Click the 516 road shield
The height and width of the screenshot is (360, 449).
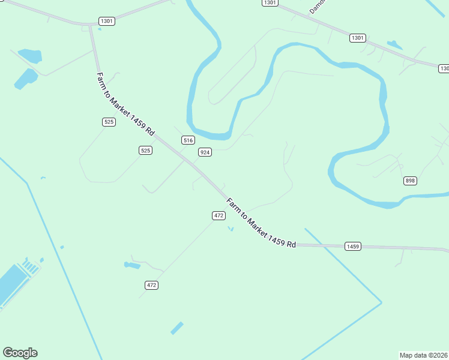[188, 140]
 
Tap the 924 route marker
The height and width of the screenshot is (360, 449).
[205, 152]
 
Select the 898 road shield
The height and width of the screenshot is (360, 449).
[410, 181]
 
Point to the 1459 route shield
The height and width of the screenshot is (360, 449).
[352, 246]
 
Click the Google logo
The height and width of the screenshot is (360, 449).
[20, 353]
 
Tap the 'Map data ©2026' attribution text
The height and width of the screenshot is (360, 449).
[423, 355]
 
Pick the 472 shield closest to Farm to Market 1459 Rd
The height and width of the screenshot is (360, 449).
[218, 215]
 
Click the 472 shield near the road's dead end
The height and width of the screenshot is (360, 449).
[151, 285]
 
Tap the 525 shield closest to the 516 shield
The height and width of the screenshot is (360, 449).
[145, 150]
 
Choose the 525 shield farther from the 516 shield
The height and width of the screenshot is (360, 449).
[109, 122]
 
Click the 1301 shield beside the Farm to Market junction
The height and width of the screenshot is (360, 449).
[107, 21]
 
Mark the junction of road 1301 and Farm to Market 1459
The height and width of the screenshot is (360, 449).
[91, 25]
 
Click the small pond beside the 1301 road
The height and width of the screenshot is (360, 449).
[394, 44]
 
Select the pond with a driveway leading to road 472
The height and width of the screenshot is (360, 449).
[131, 265]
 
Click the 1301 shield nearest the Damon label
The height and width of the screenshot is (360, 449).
[270, 3]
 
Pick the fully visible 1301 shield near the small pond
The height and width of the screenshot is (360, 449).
[357, 38]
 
